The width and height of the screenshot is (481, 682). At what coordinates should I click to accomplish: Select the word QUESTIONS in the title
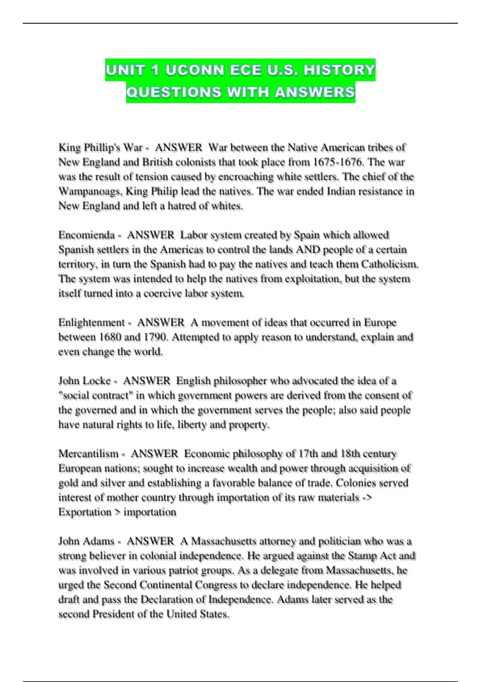tap(174, 92)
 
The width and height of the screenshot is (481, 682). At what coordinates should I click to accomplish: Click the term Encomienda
tap(86, 235)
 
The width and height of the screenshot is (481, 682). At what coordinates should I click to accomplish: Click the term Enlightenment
tap(92, 323)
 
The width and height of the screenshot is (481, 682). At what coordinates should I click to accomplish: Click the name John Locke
tap(84, 381)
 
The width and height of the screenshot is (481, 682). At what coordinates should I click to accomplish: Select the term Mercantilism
tap(89, 454)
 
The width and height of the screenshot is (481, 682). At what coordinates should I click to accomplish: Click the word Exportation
tap(85, 512)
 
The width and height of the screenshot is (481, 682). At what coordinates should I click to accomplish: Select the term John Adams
tap(86, 541)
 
